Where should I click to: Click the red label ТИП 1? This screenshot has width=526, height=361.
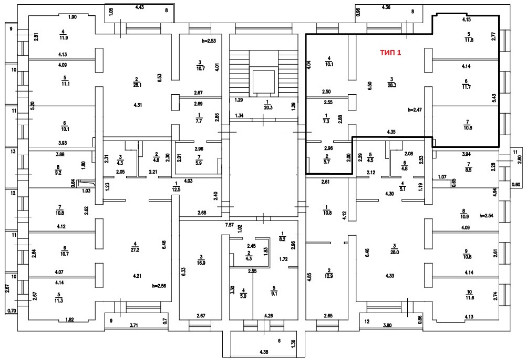click(390, 53)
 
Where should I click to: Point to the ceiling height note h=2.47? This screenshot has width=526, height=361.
click(415, 111)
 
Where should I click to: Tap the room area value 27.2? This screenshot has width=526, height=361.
click(135, 246)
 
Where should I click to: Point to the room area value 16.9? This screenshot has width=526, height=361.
click(201, 262)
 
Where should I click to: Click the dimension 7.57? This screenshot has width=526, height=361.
click(230, 225)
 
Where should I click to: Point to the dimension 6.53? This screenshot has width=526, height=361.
click(160, 77)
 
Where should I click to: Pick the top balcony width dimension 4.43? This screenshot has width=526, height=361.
click(140, 7)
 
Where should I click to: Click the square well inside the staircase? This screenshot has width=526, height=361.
click(261, 81)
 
